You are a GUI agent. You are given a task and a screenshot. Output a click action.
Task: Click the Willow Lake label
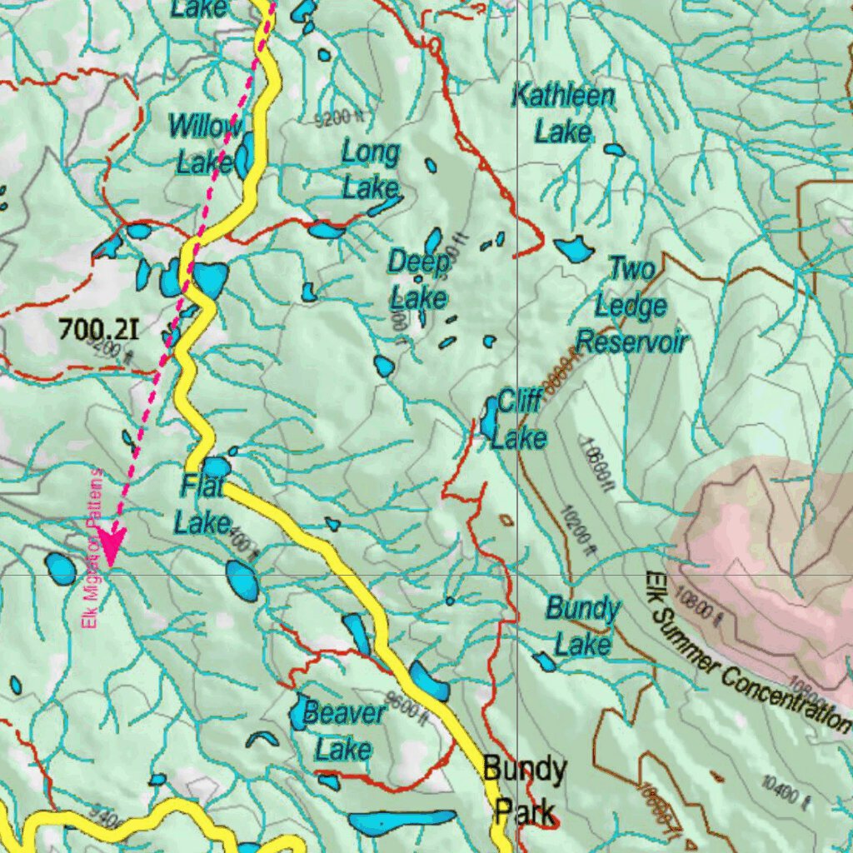(x=204, y=144)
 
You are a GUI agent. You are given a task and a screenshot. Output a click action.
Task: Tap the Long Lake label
(x=371, y=170)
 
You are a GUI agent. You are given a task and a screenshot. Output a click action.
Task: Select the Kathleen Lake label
(x=563, y=113)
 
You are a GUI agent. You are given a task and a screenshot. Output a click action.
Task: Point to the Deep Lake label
(x=419, y=279)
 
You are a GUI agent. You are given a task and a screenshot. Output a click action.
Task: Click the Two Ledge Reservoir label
(x=632, y=306)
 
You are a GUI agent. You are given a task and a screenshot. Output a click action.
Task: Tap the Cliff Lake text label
(x=520, y=420)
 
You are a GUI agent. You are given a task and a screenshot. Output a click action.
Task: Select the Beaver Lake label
(x=344, y=731)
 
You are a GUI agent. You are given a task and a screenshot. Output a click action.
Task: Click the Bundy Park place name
(x=525, y=789)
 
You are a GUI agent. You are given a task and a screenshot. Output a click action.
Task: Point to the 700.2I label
(x=98, y=330)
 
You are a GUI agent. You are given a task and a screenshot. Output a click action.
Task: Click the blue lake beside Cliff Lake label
(x=489, y=418)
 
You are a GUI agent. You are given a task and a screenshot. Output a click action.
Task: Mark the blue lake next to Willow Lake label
(x=244, y=156)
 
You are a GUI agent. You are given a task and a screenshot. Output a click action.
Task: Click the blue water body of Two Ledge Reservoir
(x=573, y=248)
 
